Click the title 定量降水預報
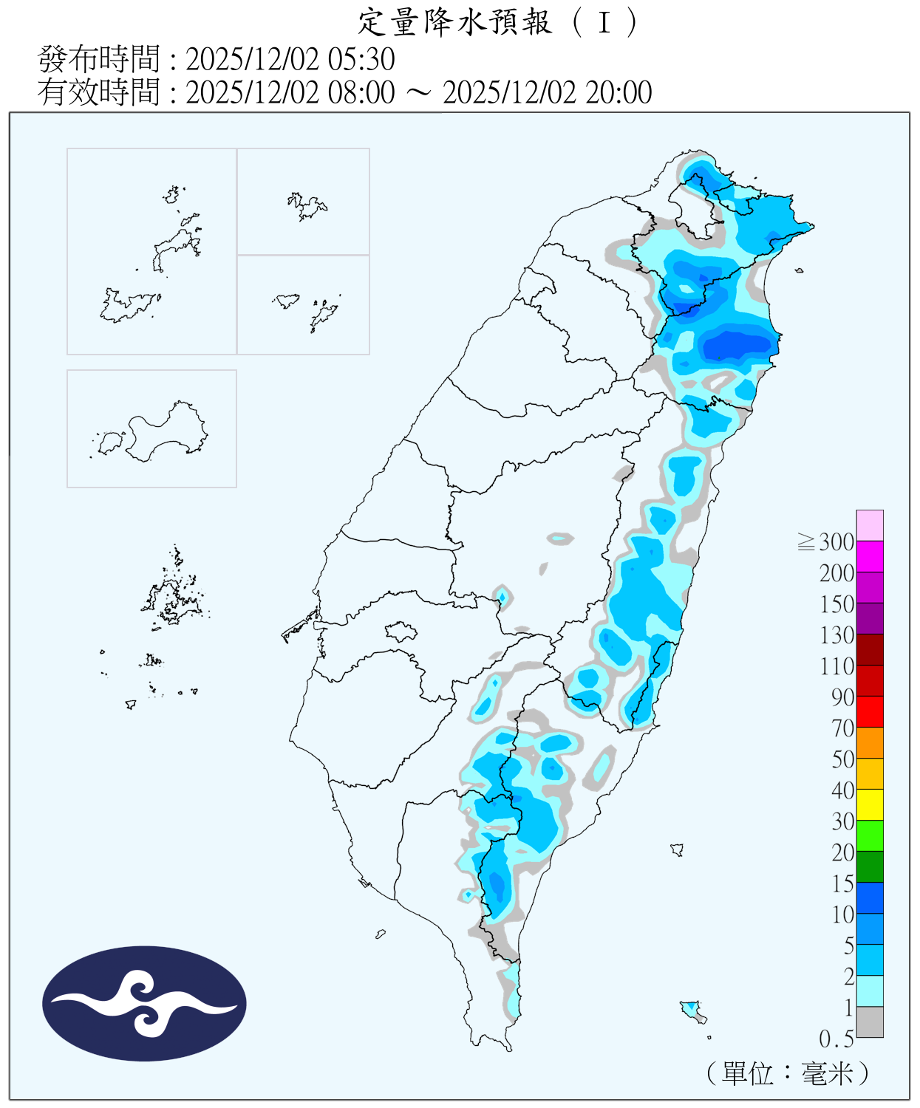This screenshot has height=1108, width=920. tap(455, 22)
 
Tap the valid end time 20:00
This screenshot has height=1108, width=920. tap(619, 92)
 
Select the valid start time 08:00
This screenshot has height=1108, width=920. tap(361, 92)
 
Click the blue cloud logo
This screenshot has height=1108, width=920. tap(144, 1004)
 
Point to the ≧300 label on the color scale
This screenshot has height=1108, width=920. tap(826, 542)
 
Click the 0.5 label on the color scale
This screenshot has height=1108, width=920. tap(836, 1039)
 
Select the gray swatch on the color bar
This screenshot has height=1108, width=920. tap(870, 1022)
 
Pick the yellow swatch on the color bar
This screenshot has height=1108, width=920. tap(870, 805)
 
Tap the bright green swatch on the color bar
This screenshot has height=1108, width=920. tap(870, 836)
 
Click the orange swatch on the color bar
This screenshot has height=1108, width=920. tap(870, 743)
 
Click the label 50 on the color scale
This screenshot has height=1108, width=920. tap(842, 759)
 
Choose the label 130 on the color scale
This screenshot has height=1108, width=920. tap(836, 635)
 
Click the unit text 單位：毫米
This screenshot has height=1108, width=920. tap(786, 1073)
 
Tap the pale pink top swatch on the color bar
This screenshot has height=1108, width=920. tap(870, 525)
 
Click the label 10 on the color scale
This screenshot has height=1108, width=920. tap(842, 914)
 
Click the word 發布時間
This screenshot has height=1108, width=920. tap(98, 59)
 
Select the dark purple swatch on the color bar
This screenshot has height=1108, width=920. tap(870, 619)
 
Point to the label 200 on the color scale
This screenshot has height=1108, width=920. tap(836, 573)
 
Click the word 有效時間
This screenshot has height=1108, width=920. tap(98, 92)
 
